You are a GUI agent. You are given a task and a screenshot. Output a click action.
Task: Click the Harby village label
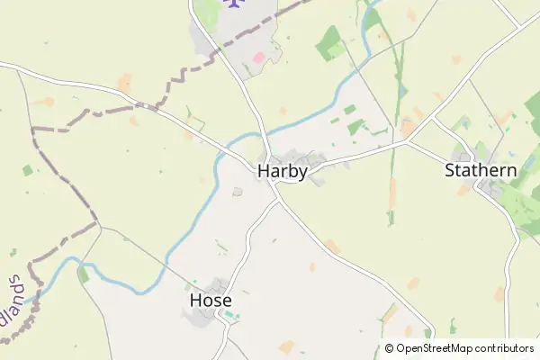click(x=283, y=170)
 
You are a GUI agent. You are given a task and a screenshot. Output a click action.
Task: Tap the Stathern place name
click(x=481, y=170)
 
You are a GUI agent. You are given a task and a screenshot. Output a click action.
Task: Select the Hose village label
click(x=211, y=301)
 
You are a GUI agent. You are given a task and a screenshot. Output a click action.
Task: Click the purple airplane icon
click(x=237, y=4)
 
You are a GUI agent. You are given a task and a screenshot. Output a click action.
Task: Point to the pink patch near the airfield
click(x=259, y=58)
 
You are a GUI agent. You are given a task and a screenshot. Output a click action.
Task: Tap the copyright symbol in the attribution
click(x=389, y=348)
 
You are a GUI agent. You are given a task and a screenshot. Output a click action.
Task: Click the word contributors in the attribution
click(x=505, y=348)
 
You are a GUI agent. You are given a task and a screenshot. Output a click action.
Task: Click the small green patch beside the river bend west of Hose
click(x=84, y=274)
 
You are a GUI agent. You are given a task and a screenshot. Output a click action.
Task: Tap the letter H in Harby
click(x=264, y=170)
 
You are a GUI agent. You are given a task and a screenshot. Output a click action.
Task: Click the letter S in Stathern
click(x=450, y=170)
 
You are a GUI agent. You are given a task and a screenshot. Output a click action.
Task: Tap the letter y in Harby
click(x=302, y=172)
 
